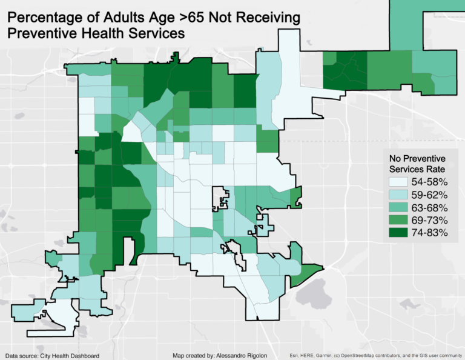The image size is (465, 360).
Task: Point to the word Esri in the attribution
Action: pos(294,356)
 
